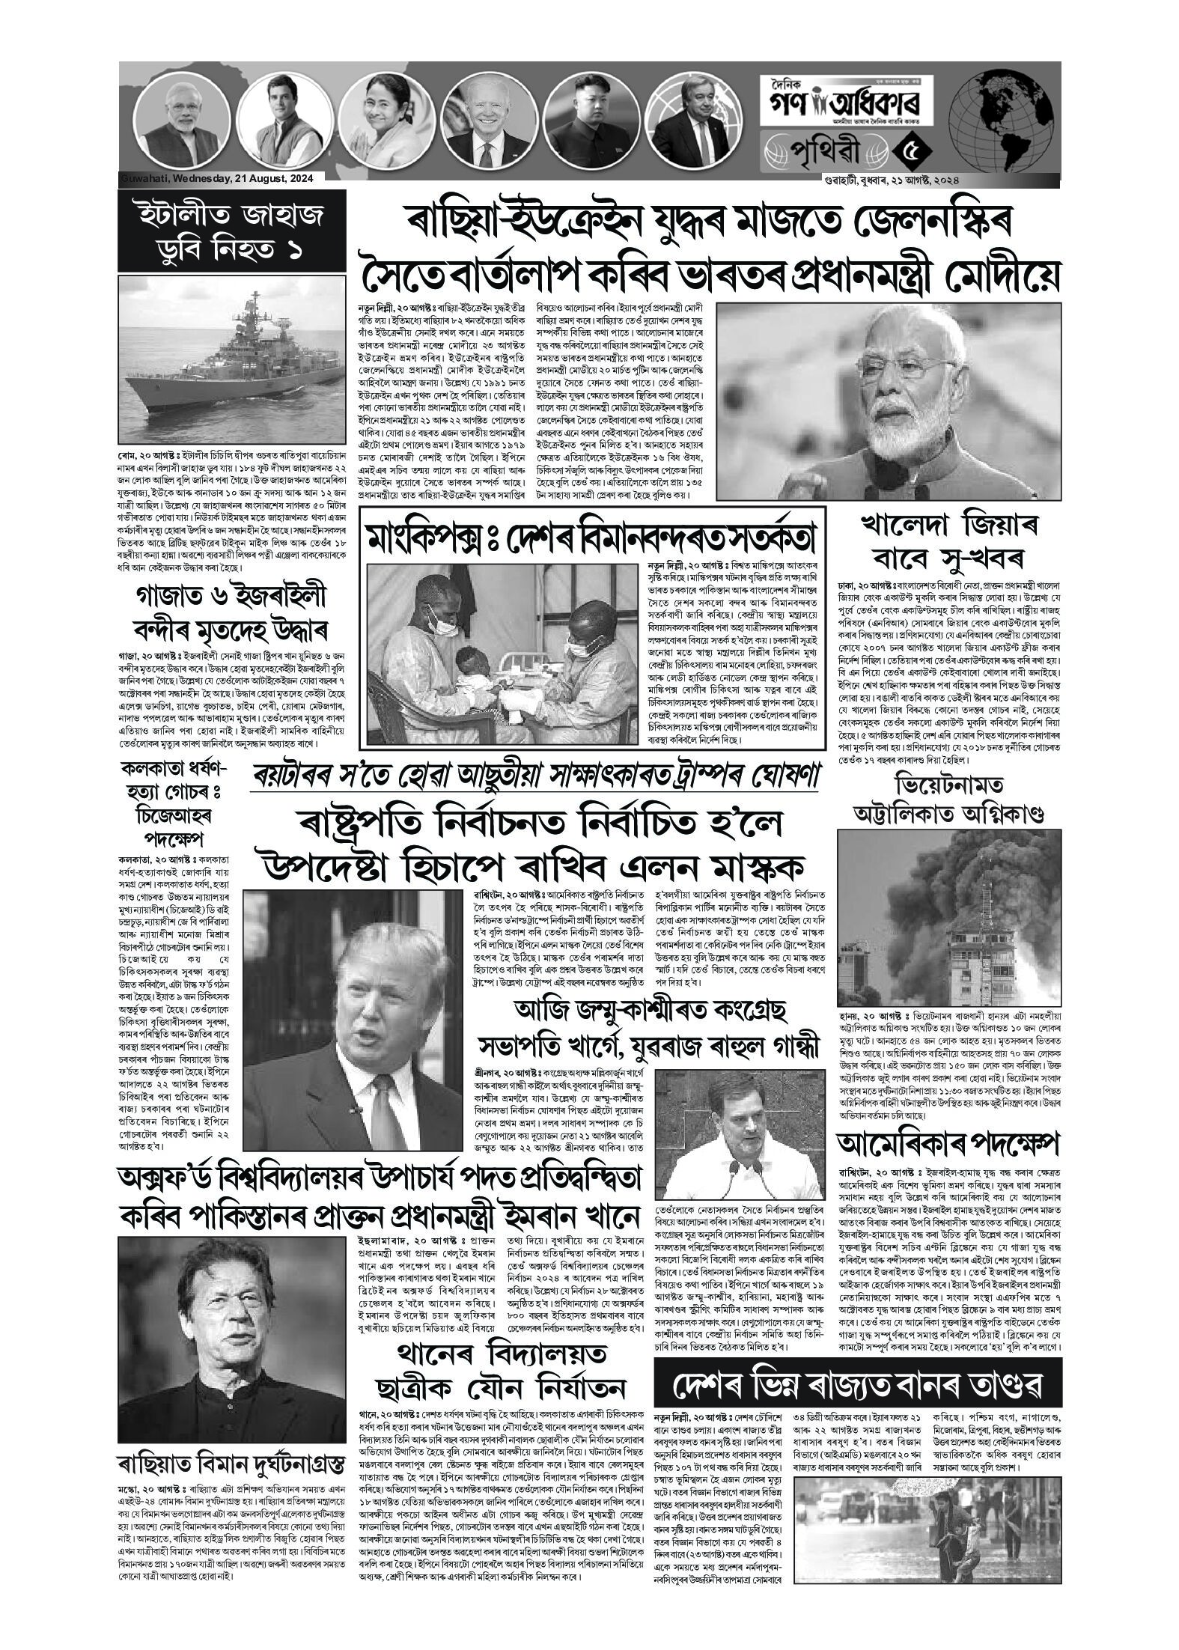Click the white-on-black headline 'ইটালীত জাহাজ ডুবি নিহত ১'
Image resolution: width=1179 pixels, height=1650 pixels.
[231, 230]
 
